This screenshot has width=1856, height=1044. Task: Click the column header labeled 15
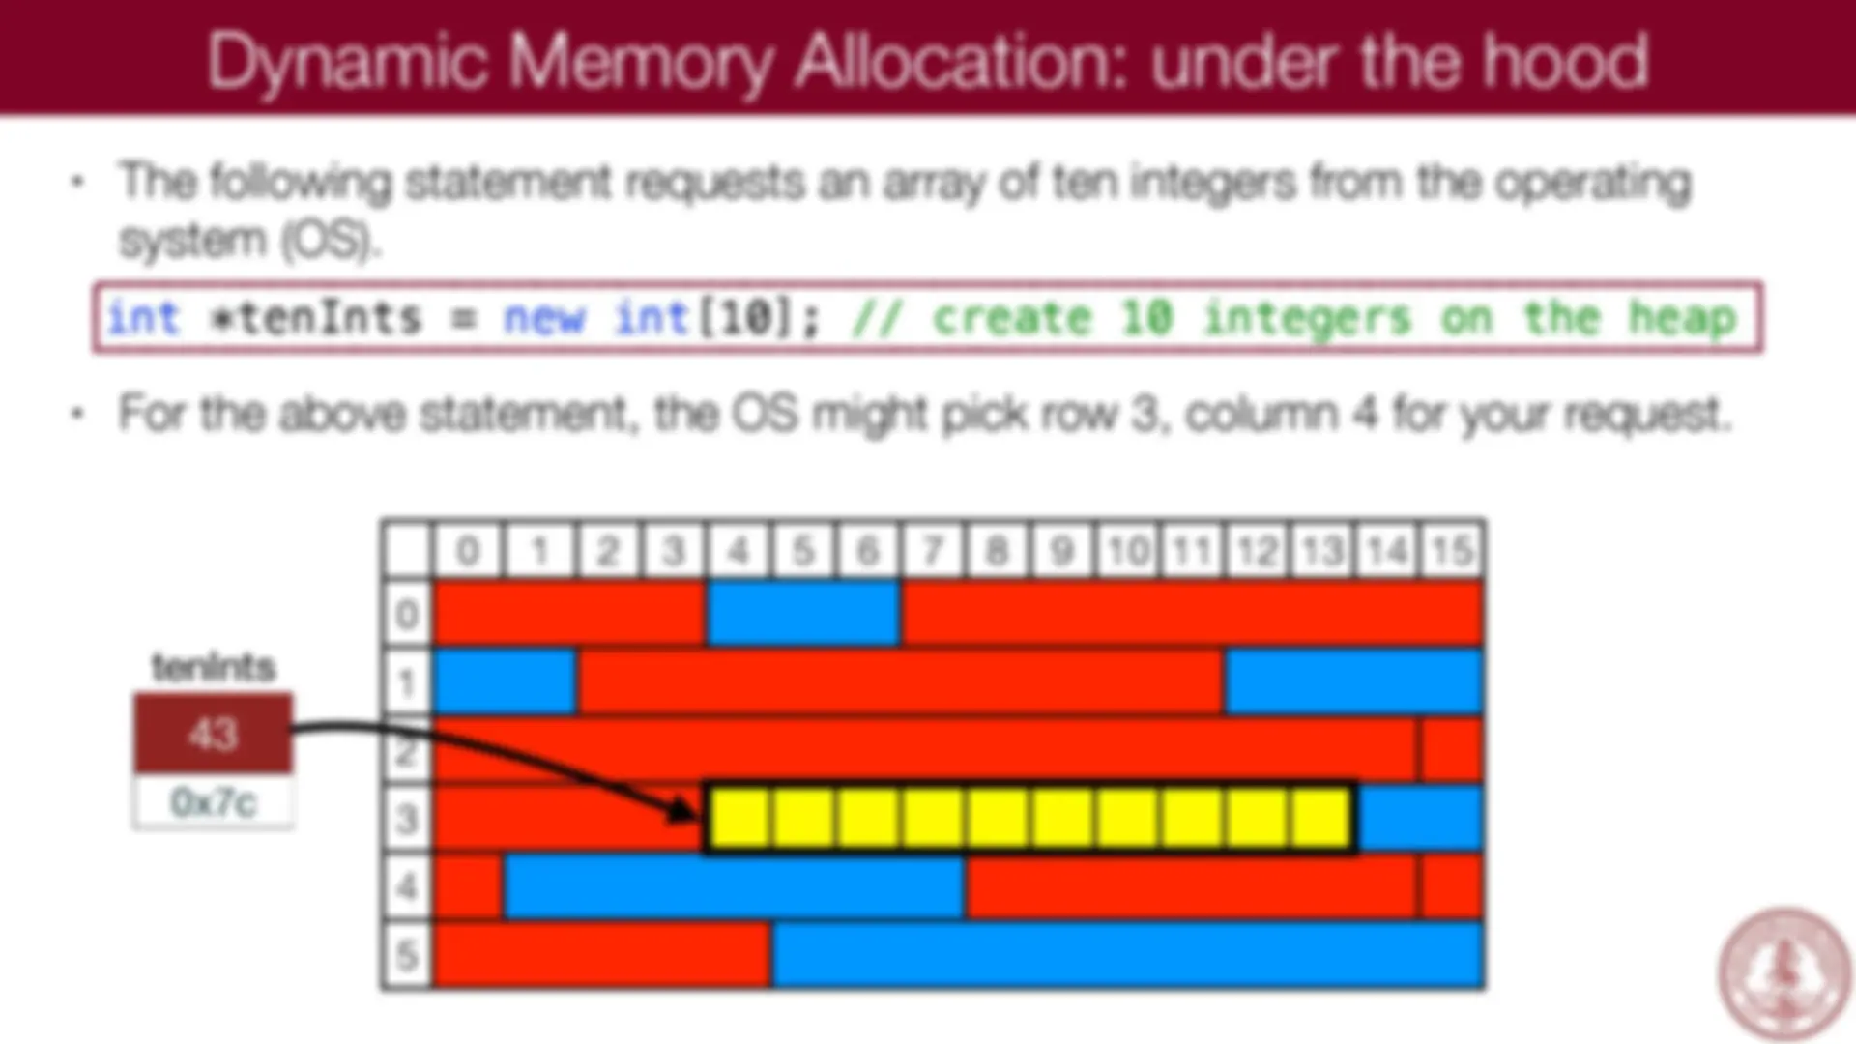point(1452,551)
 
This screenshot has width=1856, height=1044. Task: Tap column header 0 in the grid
point(468,551)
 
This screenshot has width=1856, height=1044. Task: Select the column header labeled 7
point(933,551)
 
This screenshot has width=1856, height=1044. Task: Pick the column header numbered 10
point(1127,551)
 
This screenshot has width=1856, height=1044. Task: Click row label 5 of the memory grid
point(407,955)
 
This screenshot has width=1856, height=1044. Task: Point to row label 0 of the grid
point(407,614)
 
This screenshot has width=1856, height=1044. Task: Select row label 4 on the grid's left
point(407,886)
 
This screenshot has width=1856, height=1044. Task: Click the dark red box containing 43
point(213,734)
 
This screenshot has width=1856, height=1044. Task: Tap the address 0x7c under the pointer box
point(213,802)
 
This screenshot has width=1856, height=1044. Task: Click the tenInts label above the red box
point(214,667)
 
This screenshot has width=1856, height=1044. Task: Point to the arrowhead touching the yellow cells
point(684,810)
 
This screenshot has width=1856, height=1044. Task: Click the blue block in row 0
point(803,613)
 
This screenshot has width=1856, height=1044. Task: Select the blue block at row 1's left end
point(506,681)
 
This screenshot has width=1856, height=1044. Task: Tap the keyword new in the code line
point(544,318)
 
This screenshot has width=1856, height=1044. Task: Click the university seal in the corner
point(1784,971)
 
